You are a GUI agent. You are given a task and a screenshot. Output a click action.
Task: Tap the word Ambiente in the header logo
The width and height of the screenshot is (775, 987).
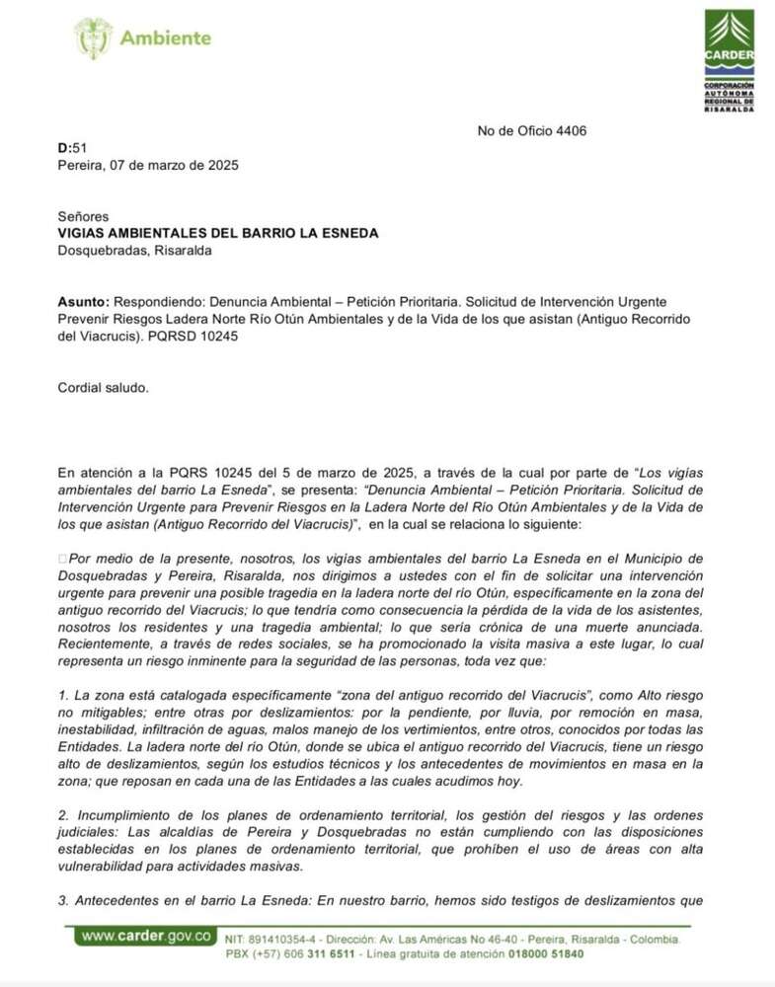(165, 38)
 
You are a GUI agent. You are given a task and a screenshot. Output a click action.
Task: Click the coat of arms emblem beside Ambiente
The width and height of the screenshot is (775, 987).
(93, 38)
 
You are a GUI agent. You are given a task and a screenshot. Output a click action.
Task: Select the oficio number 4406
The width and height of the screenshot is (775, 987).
(572, 130)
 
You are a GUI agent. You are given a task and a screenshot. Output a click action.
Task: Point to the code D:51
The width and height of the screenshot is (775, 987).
(73, 148)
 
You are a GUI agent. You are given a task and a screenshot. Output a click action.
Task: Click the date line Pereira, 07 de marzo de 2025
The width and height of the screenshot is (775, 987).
(148, 165)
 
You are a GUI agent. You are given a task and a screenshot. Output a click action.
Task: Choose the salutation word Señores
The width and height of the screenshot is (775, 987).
(83, 216)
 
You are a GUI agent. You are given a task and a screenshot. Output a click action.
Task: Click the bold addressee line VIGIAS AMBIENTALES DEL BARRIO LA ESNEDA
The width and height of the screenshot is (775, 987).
(218, 233)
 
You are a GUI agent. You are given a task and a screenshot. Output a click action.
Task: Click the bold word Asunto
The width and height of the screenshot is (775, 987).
(84, 301)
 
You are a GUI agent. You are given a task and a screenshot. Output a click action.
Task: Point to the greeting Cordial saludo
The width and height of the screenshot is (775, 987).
(104, 387)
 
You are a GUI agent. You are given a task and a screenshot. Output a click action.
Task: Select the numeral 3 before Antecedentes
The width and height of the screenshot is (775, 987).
(62, 900)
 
